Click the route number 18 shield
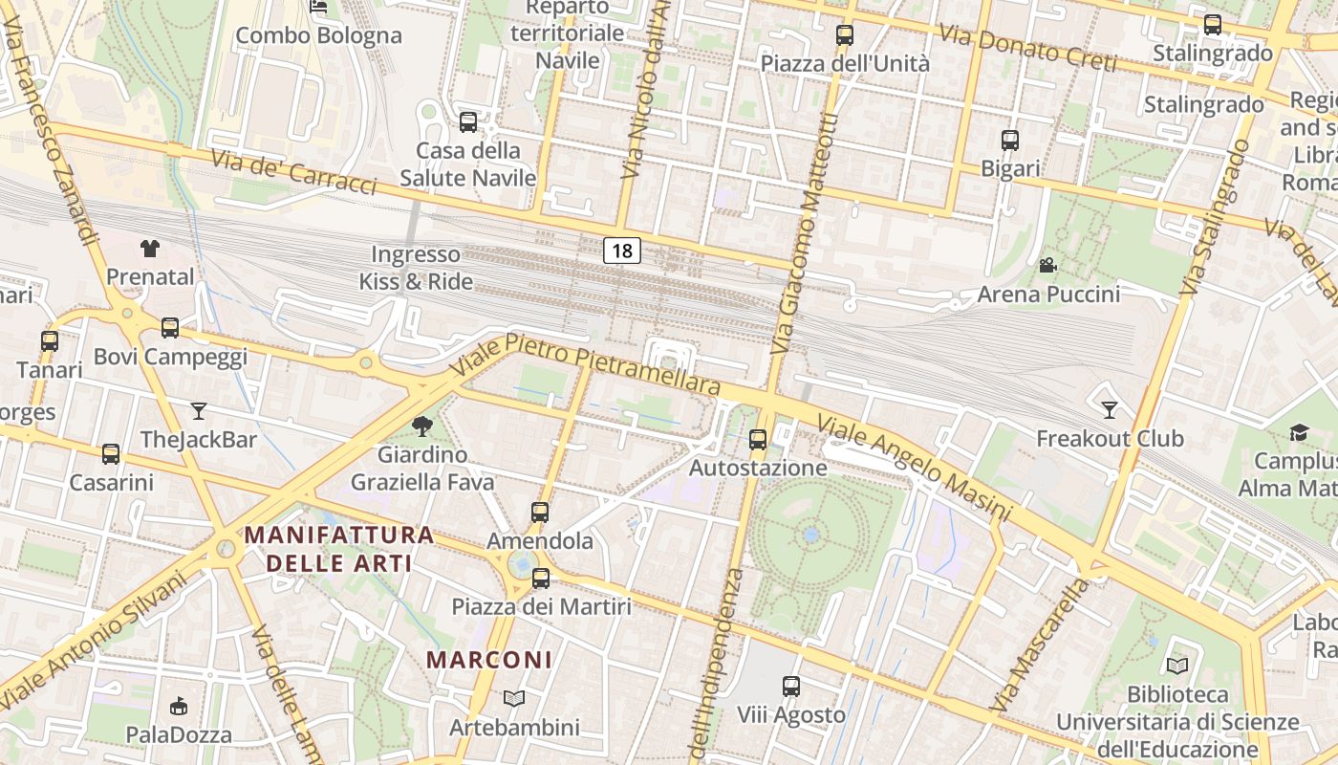tap(622, 251)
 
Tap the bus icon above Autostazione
tap(758, 440)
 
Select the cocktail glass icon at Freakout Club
tap(1109, 410)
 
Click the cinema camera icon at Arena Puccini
tap(1047, 265)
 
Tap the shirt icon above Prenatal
tap(150, 249)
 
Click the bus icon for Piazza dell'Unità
tap(845, 35)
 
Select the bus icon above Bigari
tap(1010, 141)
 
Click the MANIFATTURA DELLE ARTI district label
tap(339, 549)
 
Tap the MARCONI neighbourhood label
tap(489, 660)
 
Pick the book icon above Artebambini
tap(514, 699)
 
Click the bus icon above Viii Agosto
tap(791, 687)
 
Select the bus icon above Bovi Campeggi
tap(170, 328)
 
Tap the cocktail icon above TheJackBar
tap(199, 411)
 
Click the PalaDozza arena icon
tap(179, 707)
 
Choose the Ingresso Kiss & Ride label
tap(416, 268)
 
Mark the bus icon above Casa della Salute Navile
tap(468, 122)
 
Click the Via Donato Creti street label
tap(1027, 48)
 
